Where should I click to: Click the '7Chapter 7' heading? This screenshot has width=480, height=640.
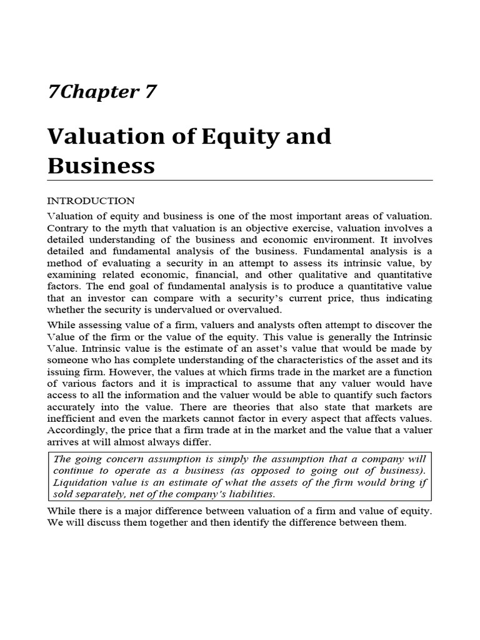point(101,92)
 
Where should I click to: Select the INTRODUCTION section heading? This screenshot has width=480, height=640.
point(91,201)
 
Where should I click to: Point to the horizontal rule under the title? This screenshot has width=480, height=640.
point(240,180)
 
